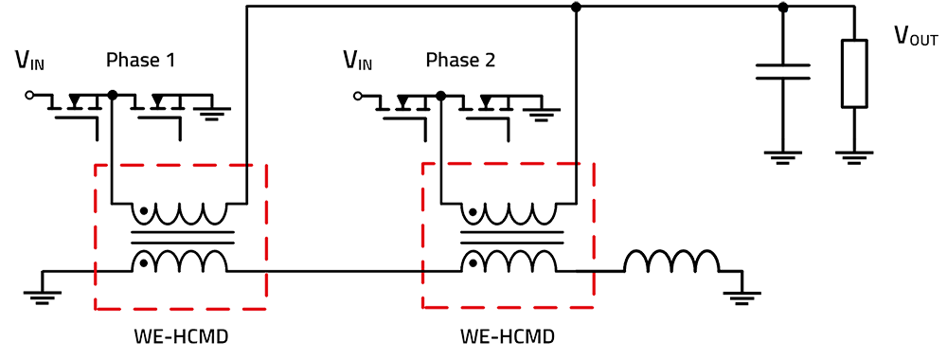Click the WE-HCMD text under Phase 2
click(507, 337)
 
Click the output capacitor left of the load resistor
click(784, 68)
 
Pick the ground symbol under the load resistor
click(854, 161)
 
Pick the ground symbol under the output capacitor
click(784, 161)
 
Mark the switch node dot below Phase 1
click(112, 96)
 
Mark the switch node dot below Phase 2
click(439, 96)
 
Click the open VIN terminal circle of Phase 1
click(28, 96)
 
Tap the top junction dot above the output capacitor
click(783, 9)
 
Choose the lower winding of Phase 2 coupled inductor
click(507, 261)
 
